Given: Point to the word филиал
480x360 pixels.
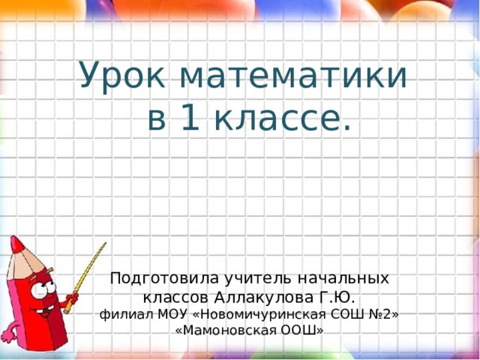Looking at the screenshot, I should click(121, 313).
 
